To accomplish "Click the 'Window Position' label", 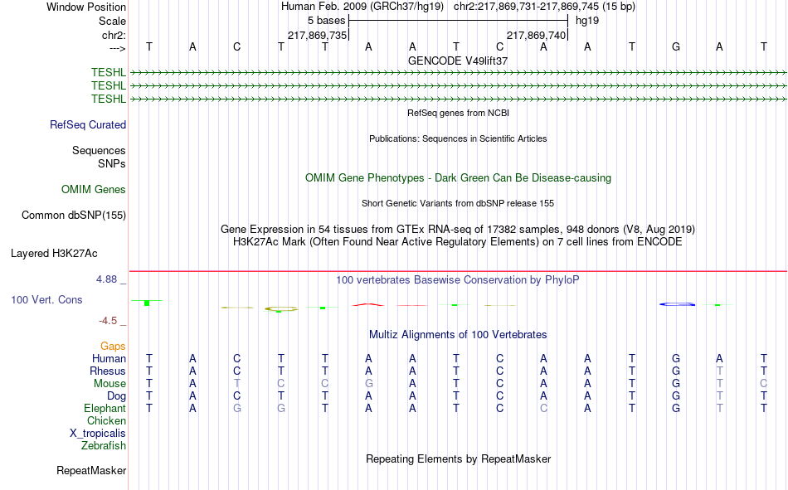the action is point(86,7).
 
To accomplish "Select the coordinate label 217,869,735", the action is point(317,35).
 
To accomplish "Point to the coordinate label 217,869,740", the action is point(536,35).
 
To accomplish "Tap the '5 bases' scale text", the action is point(327,21).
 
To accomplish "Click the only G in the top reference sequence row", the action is point(676,47).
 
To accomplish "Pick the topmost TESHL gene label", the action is point(109,72).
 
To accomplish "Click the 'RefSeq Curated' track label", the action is point(88,124).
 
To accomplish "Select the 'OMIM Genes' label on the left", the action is point(94,190).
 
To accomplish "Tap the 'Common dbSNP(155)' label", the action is point(74,215).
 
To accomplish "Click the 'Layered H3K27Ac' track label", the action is point(54,254).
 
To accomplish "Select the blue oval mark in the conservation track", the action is point(678,304).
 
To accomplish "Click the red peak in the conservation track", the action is point(368,304).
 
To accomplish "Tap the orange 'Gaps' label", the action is point(113,346).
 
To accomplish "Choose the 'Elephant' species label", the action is point(105,408).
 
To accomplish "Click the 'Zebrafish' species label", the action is point(104,445).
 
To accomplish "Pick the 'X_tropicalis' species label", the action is point(98,434).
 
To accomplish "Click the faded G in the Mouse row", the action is point(369,383).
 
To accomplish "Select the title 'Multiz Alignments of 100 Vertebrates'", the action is point(458,335).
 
